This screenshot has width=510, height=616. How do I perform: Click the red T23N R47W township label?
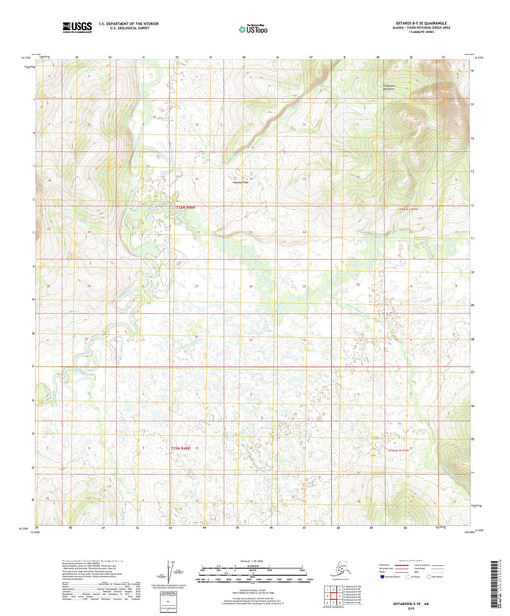click(x=408, y=208)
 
